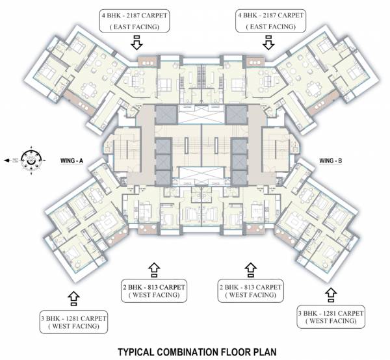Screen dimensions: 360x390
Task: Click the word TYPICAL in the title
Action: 135,352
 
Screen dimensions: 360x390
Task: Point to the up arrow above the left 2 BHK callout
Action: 153,268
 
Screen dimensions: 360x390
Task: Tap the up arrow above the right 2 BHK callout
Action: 250,268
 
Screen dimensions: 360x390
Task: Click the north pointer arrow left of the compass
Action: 9,159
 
